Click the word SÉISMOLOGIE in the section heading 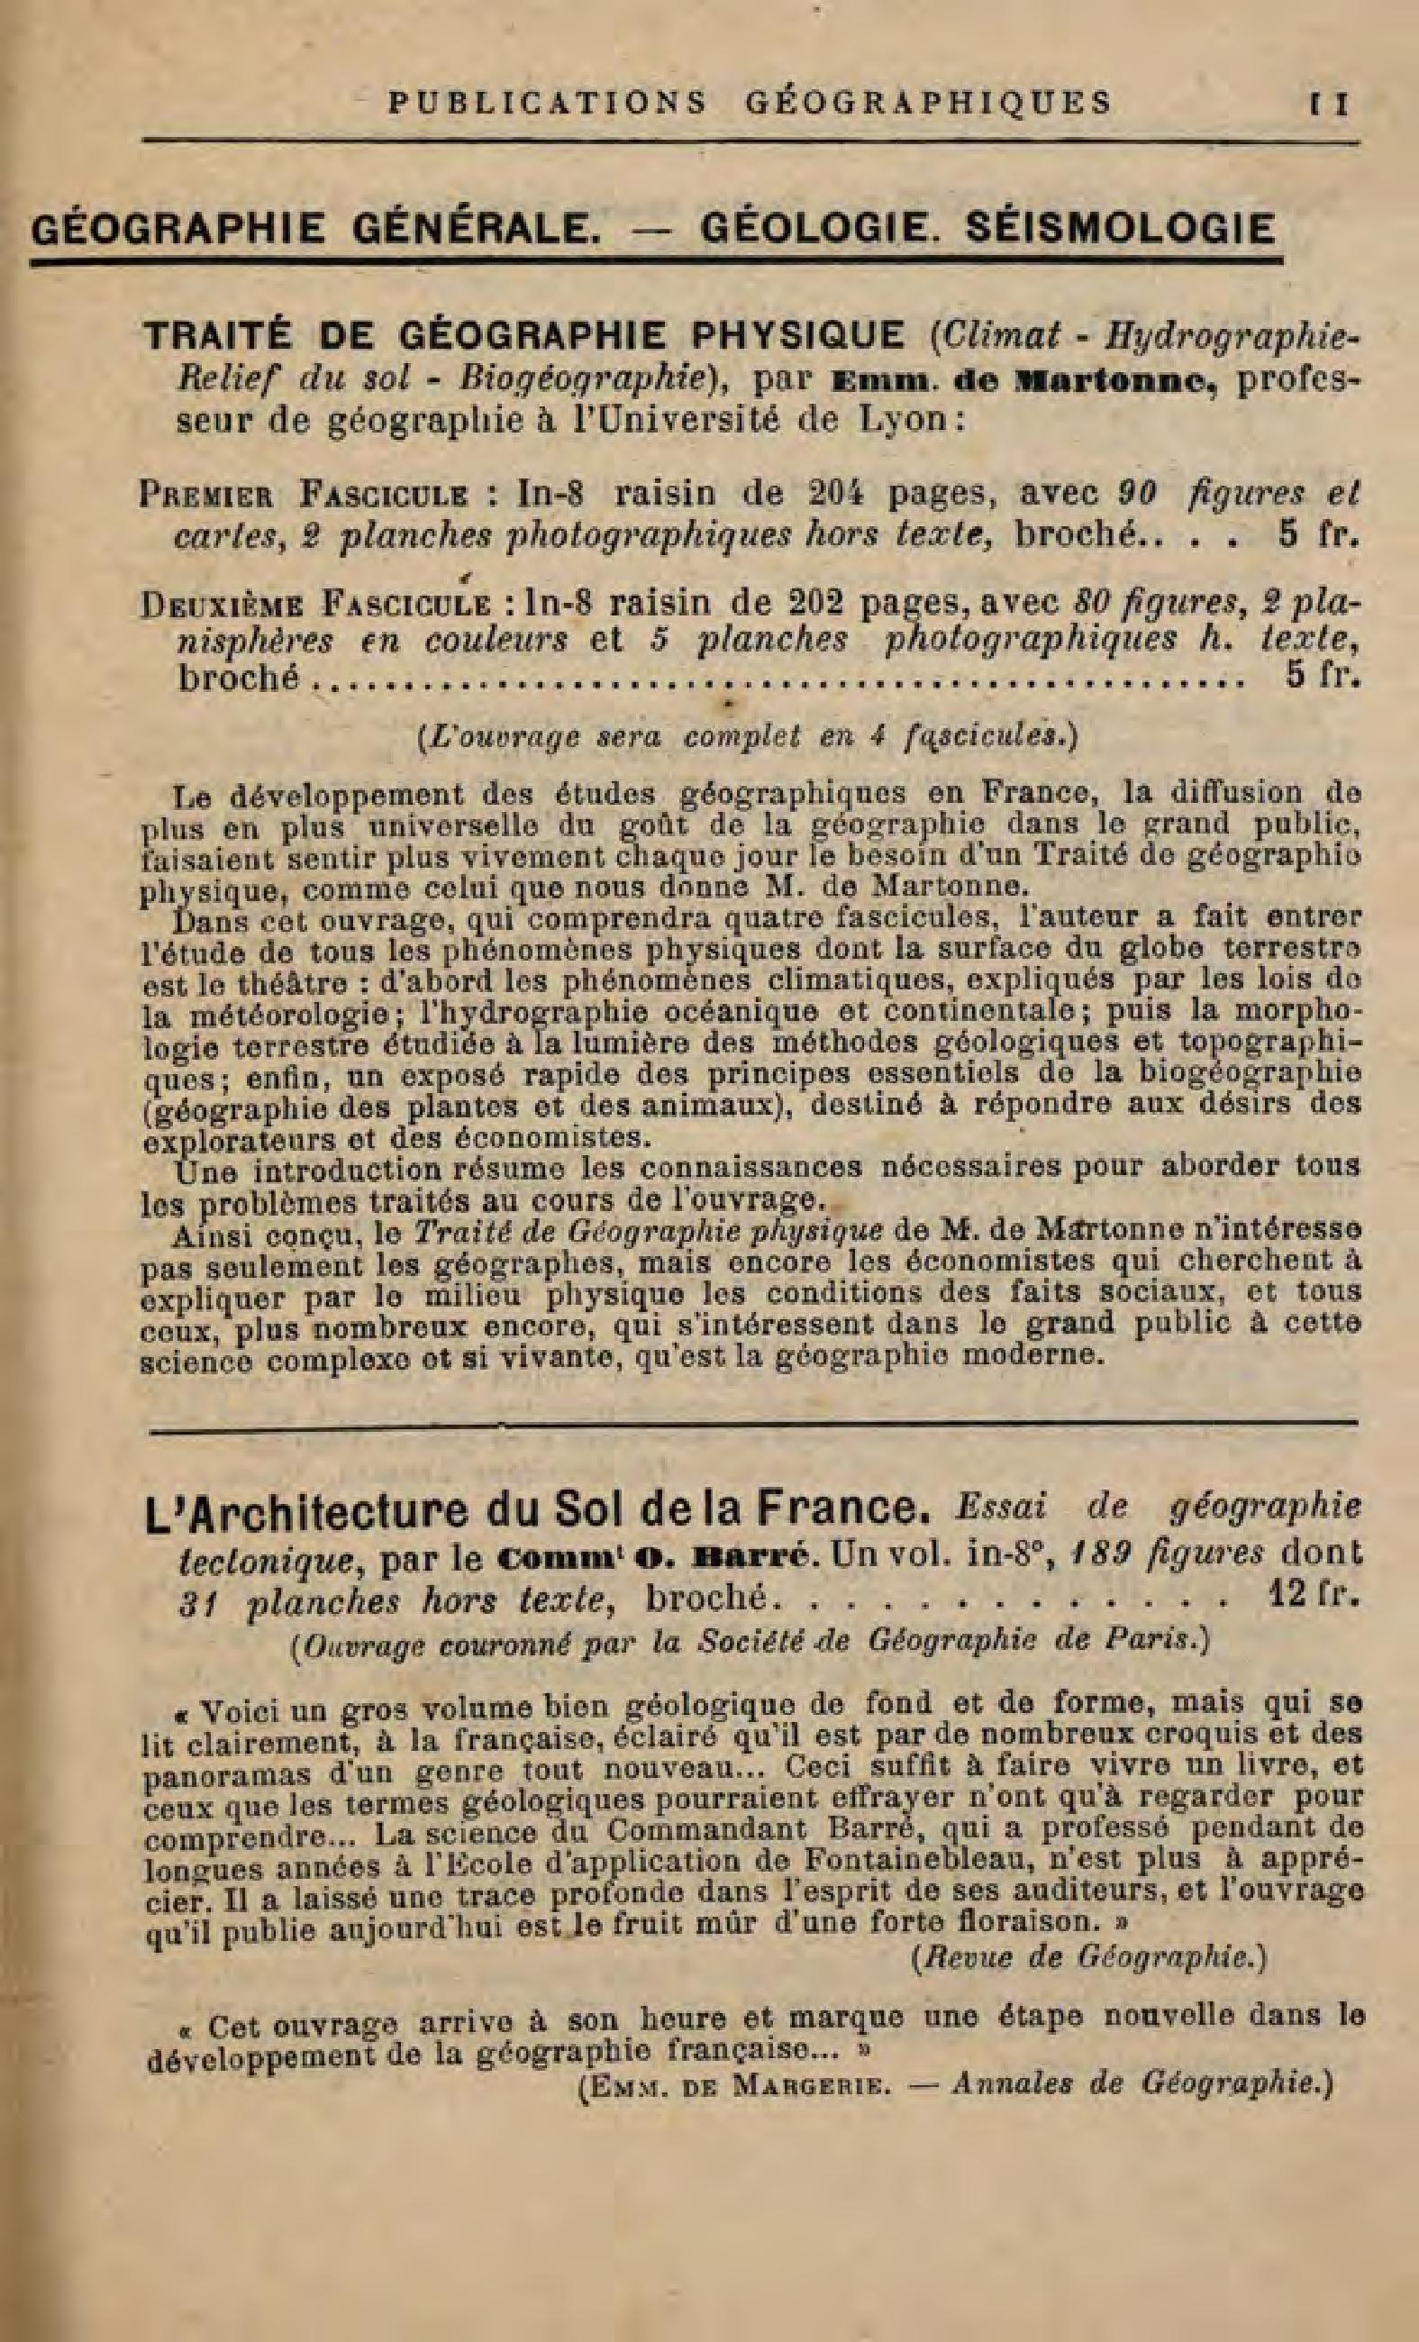point(1119,229)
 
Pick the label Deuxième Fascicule point(314,605)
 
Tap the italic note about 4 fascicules point(747,736)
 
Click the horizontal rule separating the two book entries point(750,1423)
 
